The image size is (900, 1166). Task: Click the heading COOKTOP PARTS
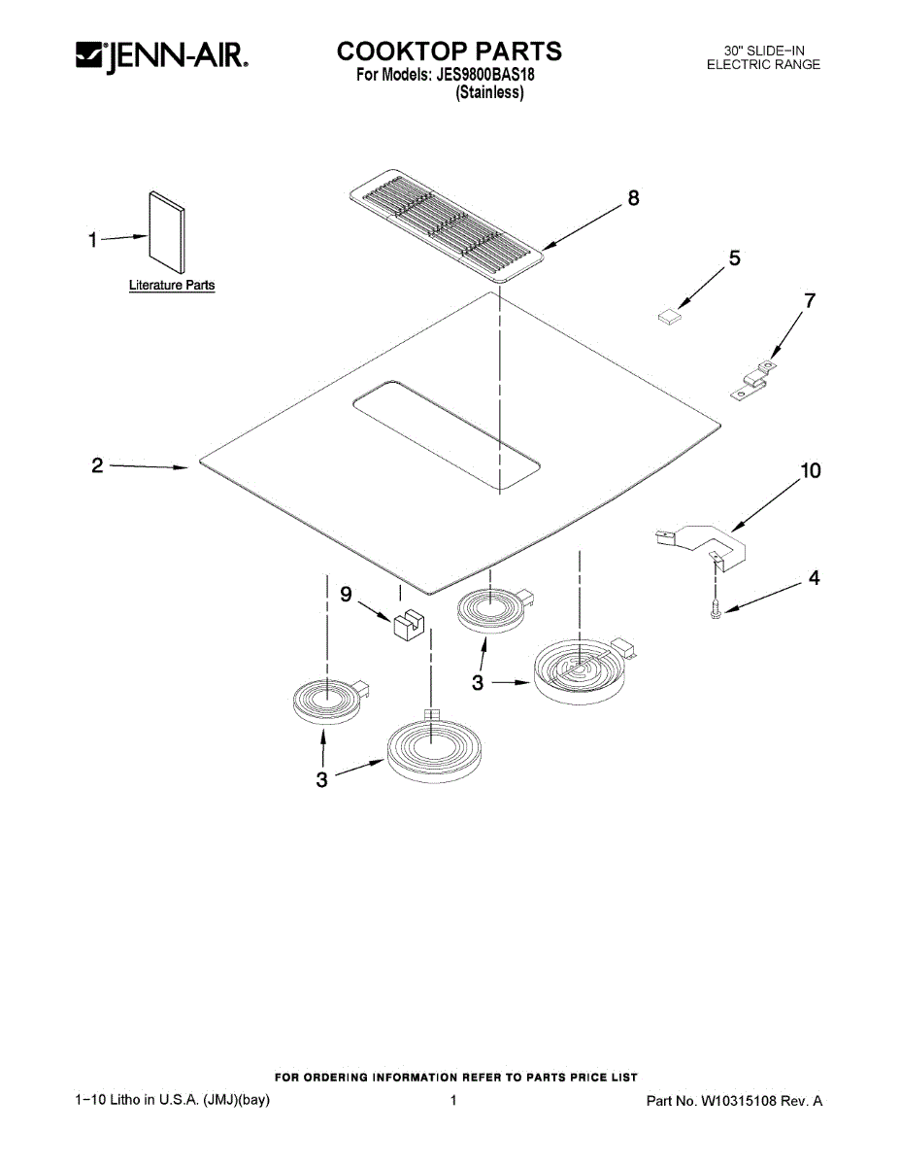pyautogui.click(x=449, y=51)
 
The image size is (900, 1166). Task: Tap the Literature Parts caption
pyautogui.click(x=172, y=286)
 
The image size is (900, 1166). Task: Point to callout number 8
pyautogui.click(x=633, y=198)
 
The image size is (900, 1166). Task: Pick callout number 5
pyautogui.click(x=734, y=258)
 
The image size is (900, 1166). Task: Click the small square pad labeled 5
pyautogui.click(x=668, y=315)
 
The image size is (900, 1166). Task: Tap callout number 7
pyautogui.click(x=809, y=301)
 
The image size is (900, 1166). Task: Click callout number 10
pyautogui.click(x=810, y=471)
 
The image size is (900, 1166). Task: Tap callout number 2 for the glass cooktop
pyautogui.click(x=97, y=465)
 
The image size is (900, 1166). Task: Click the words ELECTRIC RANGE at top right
pyautogui.click(x=763, y=65)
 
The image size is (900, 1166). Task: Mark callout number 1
pyautogui.click(x=93, y=240)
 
